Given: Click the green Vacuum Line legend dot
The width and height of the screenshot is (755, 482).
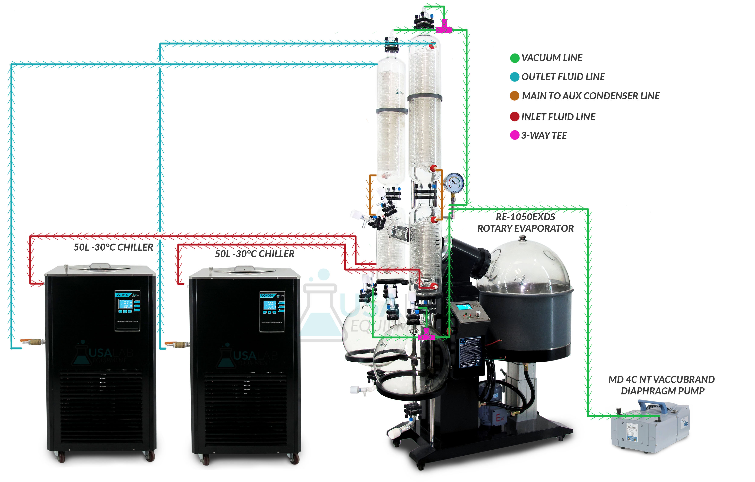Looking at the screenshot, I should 514,58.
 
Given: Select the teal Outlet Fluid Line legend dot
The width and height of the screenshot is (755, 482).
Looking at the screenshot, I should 514,77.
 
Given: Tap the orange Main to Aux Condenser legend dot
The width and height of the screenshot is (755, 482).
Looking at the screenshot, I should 514,96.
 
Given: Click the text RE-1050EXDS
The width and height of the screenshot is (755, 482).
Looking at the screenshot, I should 525,217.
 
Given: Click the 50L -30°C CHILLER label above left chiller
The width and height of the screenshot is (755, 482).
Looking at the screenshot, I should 114,247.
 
